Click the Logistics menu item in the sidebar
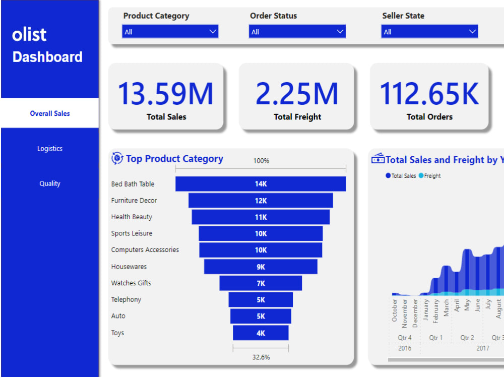coord(49,149)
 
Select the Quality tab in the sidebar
coord(49,183)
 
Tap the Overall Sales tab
coord(49,113)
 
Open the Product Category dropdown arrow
coord(212,32)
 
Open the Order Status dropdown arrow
coord(340,32)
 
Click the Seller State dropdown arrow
coord(472,32)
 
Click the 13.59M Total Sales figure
coord(166,94)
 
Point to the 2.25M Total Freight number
coord(297,94)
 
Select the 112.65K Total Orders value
coord(429,94)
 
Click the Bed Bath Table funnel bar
coord(261,184)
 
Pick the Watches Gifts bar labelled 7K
coord(261,283)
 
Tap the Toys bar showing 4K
coord(261,333)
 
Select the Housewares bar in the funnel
coord(261,267)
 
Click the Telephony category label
coord(126,299)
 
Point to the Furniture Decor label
coord(134,201)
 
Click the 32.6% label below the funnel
coord(261,357)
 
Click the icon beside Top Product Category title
coord(117,159)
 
